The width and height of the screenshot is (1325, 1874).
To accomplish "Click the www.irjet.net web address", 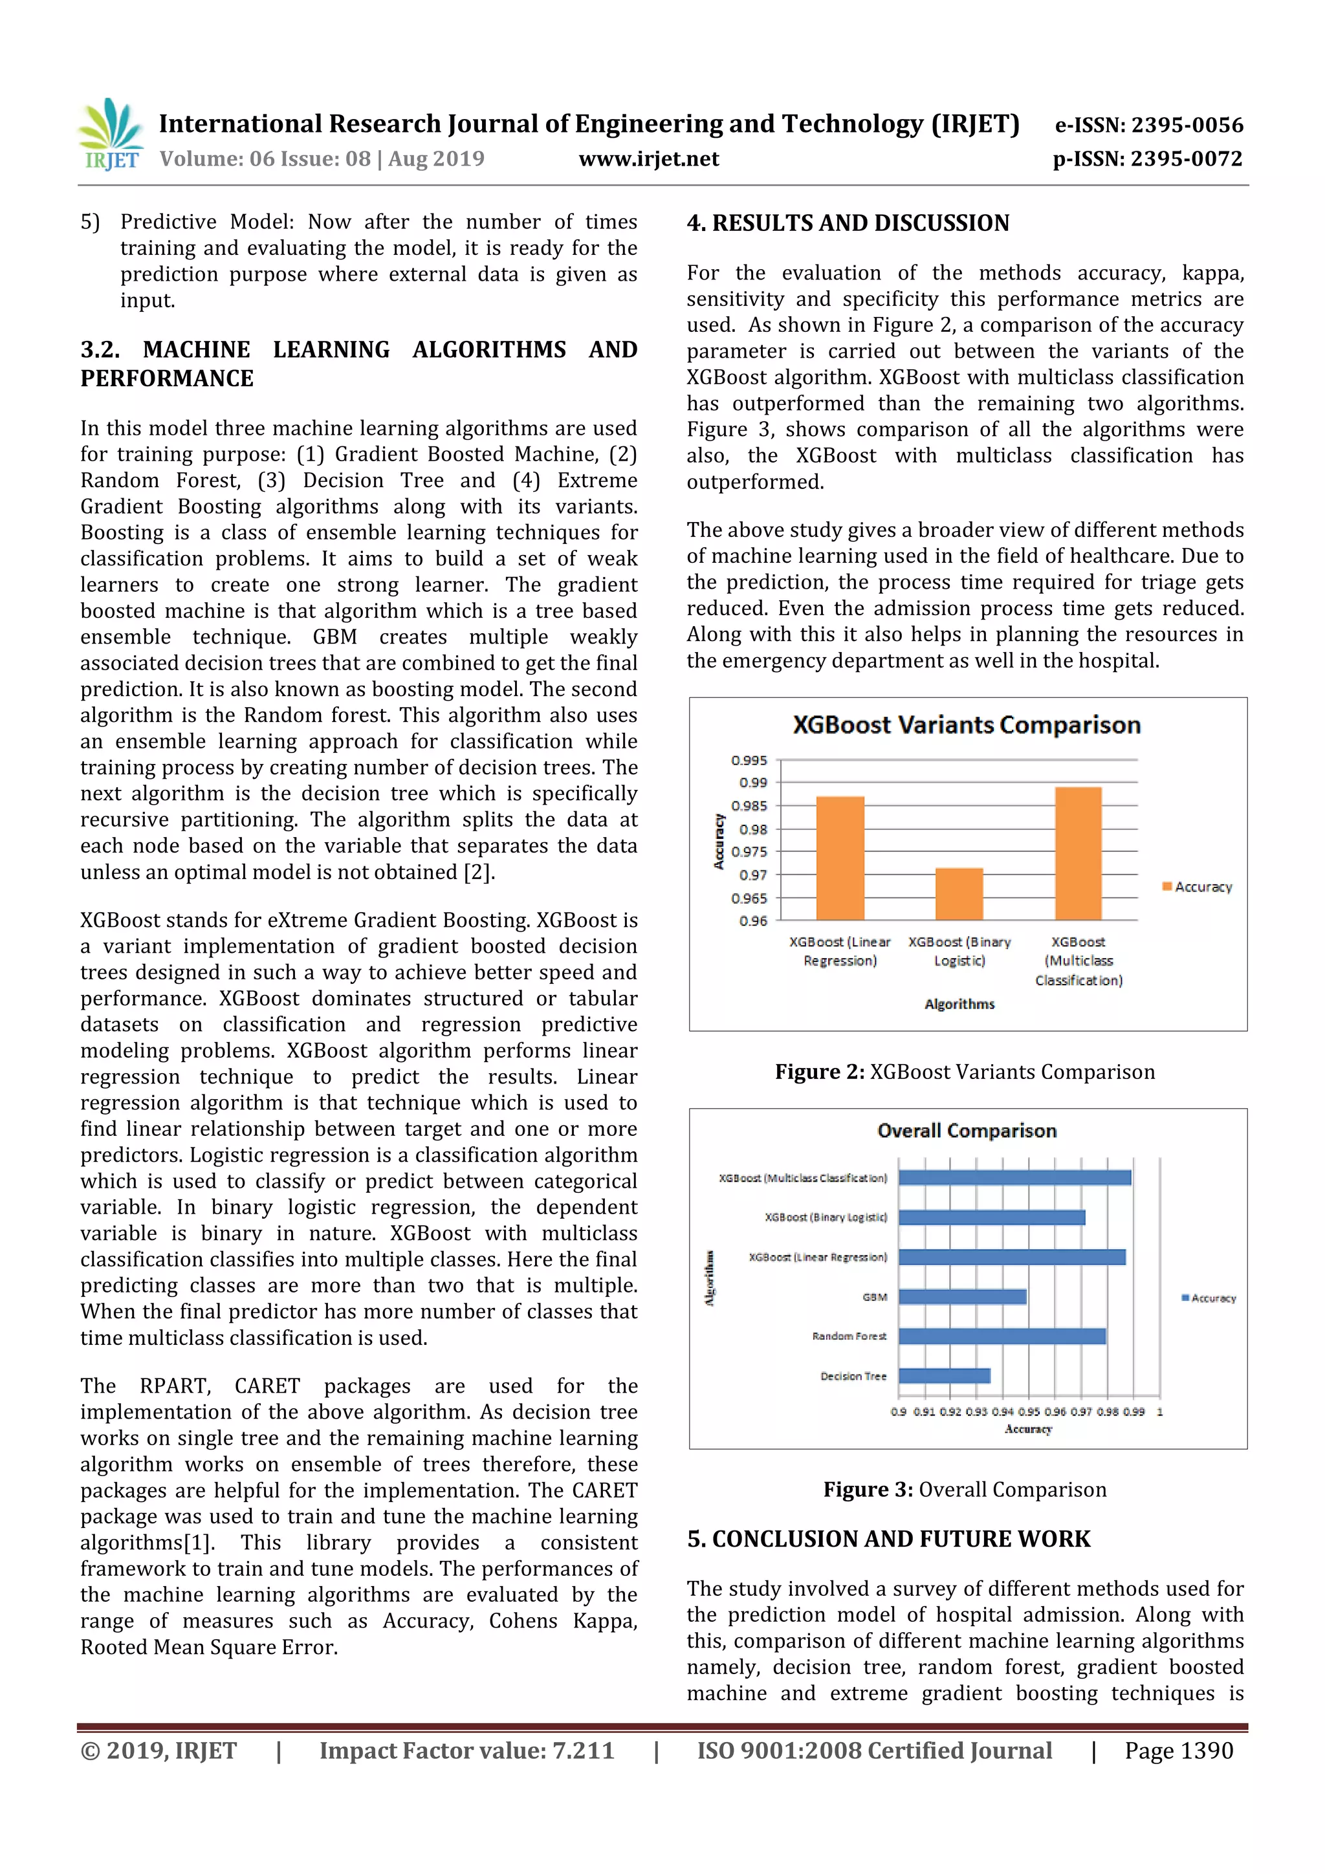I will (648, 159).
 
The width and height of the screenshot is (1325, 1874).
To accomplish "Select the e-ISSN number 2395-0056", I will (1148, 125).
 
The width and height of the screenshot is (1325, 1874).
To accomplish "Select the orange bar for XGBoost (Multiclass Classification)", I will (1078, 853).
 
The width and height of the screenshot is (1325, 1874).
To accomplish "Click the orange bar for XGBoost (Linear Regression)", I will (840, 858).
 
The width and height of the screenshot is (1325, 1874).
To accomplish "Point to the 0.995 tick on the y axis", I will (749, 760).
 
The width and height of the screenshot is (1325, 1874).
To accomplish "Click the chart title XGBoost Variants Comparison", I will (967, 725).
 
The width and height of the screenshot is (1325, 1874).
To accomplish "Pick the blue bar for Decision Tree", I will (944, 1375).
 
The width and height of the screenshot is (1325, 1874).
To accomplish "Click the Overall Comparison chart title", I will (967, 1131).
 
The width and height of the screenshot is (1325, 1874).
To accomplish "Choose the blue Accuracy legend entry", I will (1209, 1298).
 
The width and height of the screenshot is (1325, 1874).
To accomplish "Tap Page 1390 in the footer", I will (1178, 1750).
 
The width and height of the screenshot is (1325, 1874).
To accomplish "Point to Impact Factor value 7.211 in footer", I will (466, 1750).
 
